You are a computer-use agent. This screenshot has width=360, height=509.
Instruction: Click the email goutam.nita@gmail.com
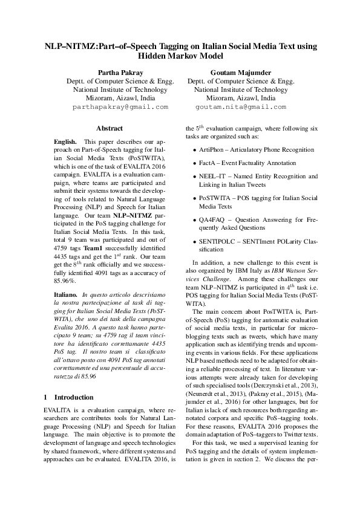point(241,106)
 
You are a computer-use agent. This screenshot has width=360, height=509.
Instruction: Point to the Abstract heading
point(110,128)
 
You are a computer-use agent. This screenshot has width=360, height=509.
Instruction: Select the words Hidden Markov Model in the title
point(180,56)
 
